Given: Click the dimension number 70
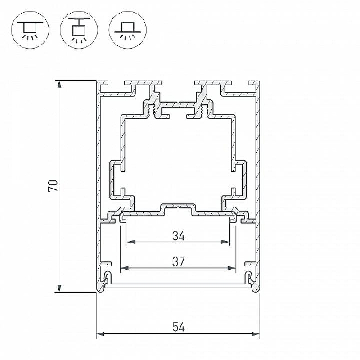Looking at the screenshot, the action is click(x=53, y=186).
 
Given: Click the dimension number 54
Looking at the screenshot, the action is click(x=178, y=327).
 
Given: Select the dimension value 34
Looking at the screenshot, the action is click(x=178, y=236).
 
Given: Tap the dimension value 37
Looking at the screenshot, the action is click(x=178, y=261).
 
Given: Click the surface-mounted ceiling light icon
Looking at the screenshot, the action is click(x=30, y=30).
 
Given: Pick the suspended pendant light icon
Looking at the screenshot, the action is click(x=79, y=30).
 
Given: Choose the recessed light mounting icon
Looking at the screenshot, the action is click(x=128, y=30).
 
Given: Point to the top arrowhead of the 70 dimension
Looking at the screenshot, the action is click(x=59, y=84).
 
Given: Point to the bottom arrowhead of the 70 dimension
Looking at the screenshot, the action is click(x=59, y=288).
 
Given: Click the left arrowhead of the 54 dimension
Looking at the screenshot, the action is click(x=100, y=334).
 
